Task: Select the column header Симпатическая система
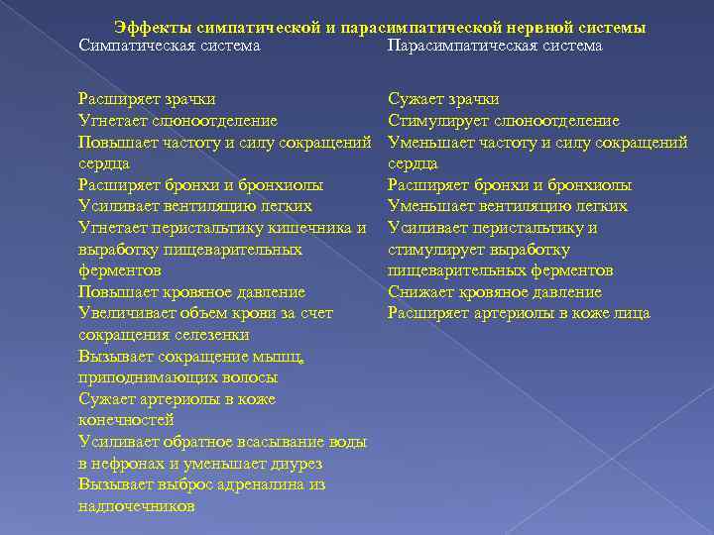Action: coord(170,46)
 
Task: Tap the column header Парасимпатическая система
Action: coord(495,46)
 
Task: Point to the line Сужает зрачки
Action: coord(443,99)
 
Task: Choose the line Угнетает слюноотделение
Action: coord(178,121)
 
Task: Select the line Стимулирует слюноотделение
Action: coord(504,121)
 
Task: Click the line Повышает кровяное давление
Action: coord(191,292)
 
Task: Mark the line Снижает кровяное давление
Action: coord(495,292)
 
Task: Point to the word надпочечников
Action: coord(136,506)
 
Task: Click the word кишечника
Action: coord(316,228)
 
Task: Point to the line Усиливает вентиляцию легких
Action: coord(195,206)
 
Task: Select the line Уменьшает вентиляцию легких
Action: coord(508,206)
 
